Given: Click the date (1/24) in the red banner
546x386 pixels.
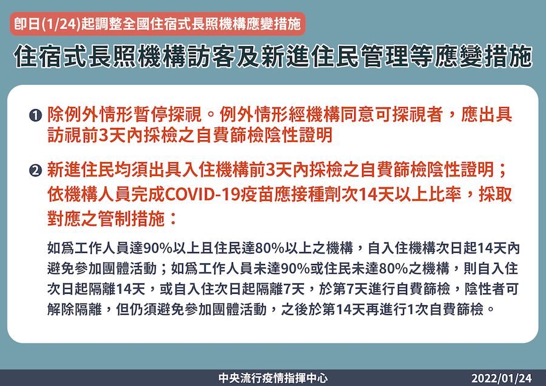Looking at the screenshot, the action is pyautogui.click(x=61, y=24).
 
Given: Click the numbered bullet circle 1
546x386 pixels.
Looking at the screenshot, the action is pyautogui.click(x=36, y=115).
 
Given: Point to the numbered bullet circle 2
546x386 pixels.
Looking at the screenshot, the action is pyautogui.click(x=36, y=171).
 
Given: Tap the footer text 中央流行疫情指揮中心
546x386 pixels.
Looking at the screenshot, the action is pyautogui.click(x=273, y=378).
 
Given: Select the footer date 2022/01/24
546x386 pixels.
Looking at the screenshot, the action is pyautogui.click(x=502, y=378).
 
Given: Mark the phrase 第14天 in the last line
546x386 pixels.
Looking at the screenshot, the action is pyautogui.click(x=340, y=310).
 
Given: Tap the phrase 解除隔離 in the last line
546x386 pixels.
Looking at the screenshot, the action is pyautogui.click(x=75, y=310).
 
